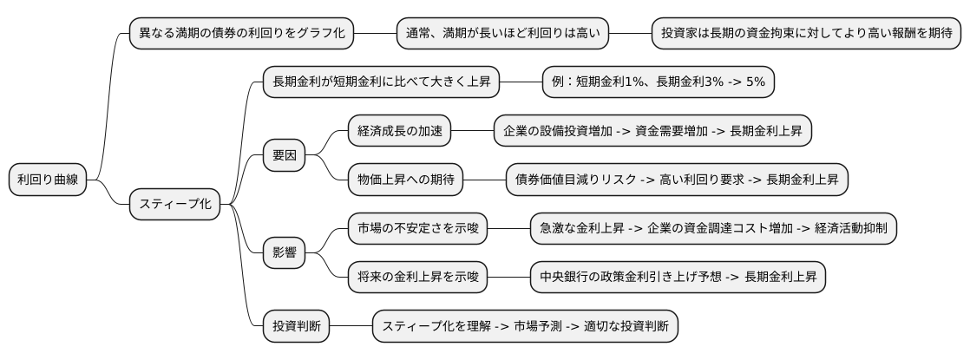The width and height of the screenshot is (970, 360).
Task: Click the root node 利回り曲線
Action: (x=48, y=180)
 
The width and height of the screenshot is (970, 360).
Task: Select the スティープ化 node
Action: (x=174, y=205)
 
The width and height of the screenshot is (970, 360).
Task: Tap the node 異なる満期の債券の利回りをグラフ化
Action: (x=242, y=35)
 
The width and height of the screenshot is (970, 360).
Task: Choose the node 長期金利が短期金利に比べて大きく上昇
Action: (x=381, y=83)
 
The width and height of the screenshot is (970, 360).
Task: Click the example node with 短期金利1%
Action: (x=659, y=83)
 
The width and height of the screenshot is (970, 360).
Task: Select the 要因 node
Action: (x=284, y=156)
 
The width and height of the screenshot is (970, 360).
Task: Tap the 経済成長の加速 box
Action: (x=400, y=132)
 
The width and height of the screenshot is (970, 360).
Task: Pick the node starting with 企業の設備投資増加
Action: (x=653, y=132)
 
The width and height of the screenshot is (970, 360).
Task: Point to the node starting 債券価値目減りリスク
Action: (x=677, y=180)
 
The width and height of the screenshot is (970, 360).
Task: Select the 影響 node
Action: (x=284, y=253)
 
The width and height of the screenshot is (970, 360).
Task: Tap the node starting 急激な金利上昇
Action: (x=713, y=229)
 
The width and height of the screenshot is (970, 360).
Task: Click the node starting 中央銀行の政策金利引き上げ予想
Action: (x=678, y=278)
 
